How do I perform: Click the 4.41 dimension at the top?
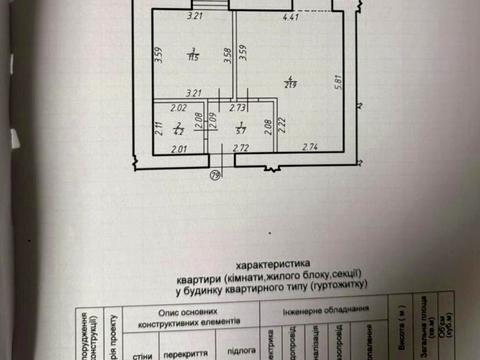click(291, 18)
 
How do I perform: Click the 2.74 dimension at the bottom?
click(307, 148)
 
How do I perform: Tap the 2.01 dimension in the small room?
click(179, 148)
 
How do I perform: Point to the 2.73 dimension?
click(239, 106)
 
